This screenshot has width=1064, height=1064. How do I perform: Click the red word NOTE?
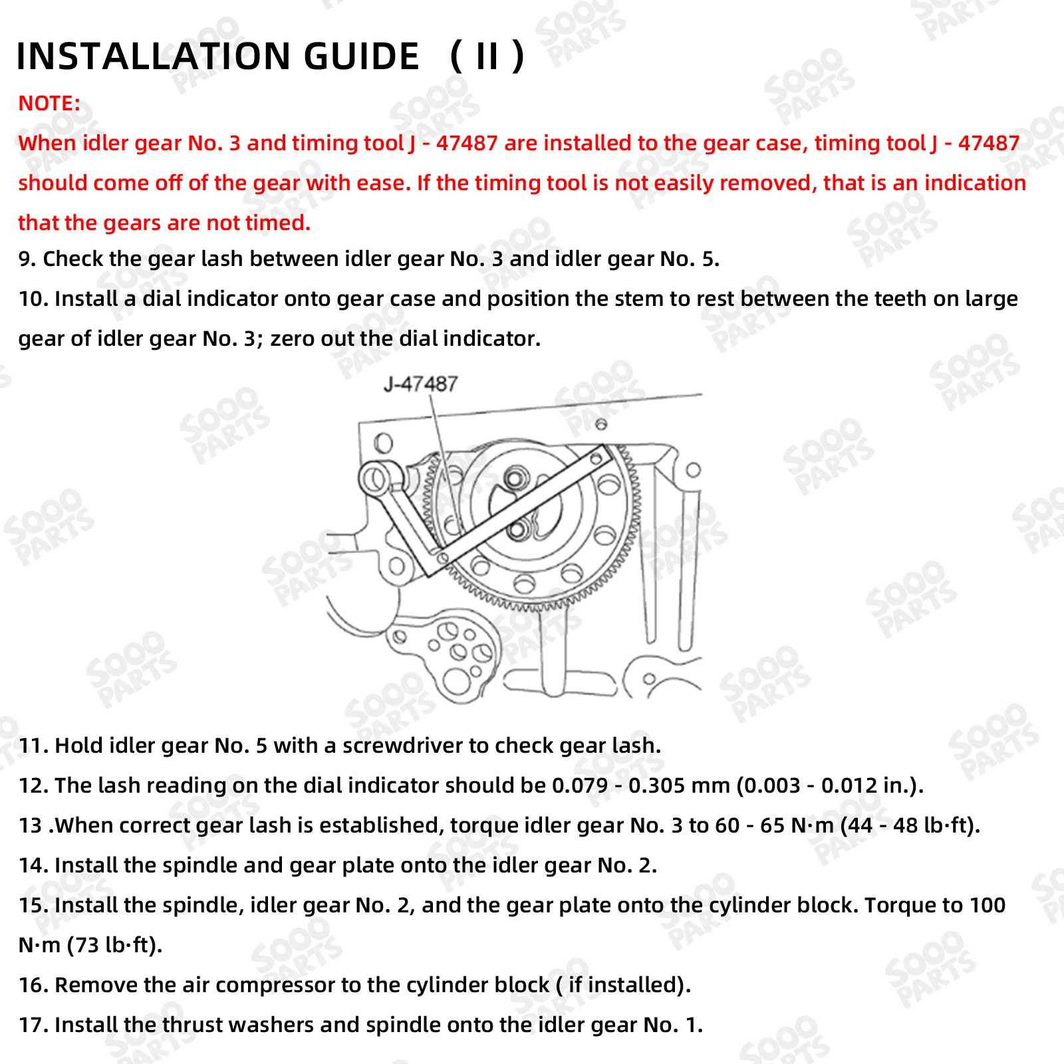tap(49, 104)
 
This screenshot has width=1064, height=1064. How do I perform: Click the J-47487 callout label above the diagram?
tap(420, 384)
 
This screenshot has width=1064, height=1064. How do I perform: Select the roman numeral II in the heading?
tap(487, 56)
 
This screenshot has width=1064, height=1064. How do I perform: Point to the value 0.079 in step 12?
tap(580, 785)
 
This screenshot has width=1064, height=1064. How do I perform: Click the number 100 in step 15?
tap(987, 905)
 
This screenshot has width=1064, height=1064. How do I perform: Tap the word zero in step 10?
tap(293, 339)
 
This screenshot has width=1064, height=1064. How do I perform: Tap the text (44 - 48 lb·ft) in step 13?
tap(910, 825)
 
